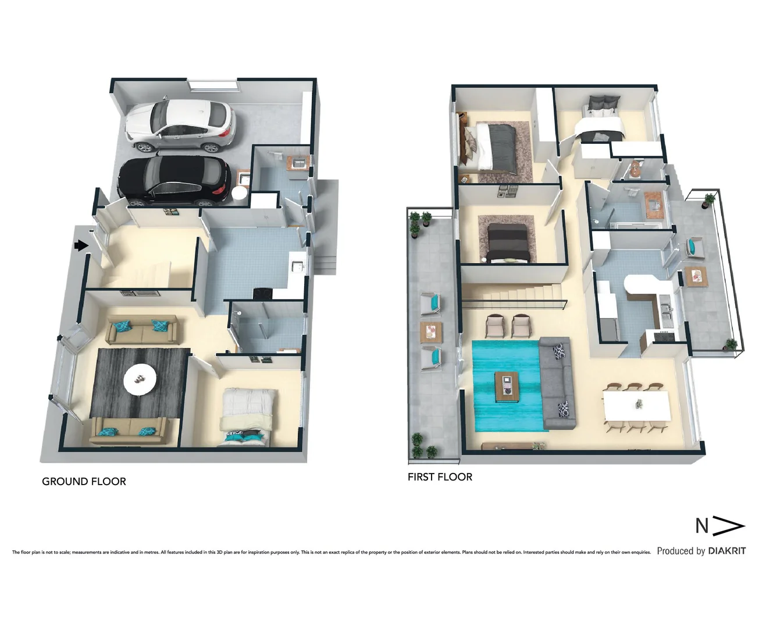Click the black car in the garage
(173, 181)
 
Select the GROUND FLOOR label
(84, 482)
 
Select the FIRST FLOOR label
(440, 477)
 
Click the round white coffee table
(140, 379)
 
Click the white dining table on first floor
(636, 405)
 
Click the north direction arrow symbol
(729, 526)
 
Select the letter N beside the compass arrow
(702, 526)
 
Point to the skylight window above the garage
(213, 85)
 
